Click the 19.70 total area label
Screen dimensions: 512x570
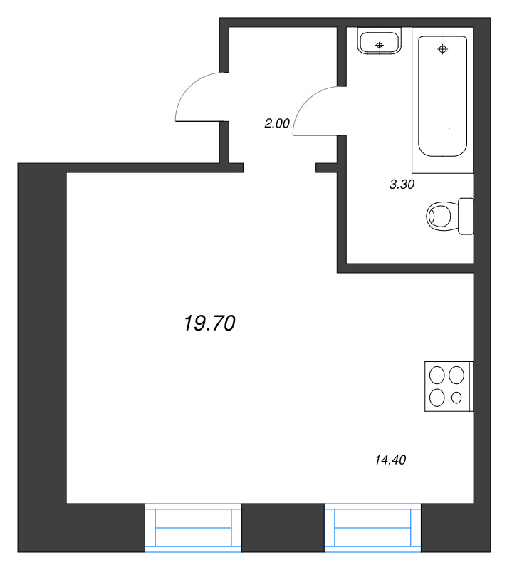coord(209,323)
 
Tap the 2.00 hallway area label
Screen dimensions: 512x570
coord(277,123)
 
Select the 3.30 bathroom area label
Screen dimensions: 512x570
coord(402,185)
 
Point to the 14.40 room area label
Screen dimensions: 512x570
coord(390,460)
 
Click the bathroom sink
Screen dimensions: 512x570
coord(380,41)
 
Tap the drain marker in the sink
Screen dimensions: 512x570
coord(380,45)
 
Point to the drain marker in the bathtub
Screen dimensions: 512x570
coord(443,48)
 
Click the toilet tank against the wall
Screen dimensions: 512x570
coord(466,217)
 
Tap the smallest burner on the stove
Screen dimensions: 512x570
coord(456,398)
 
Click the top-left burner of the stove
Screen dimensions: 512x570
coord(437,375)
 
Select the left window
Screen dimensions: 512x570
coord(193,528)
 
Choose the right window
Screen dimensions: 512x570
coord(372,528)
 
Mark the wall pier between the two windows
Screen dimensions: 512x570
coord(283,528)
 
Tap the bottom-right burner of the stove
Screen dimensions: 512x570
coord(456,398)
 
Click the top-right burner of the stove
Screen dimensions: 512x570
coord(456,375)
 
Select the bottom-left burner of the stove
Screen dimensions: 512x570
coord(437,398)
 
